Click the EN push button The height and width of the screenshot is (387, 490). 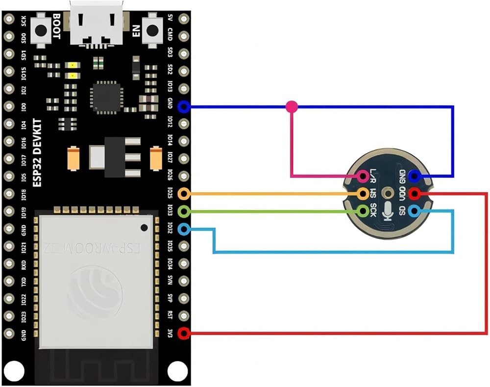pyautogui.click(x=153, y=30)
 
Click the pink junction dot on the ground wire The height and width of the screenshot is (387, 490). pyautogui.click(x=292, y=106)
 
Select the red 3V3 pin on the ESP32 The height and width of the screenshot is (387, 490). pyautogui.click(x=184, y=334)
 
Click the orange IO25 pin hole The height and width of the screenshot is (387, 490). pyautogui.click(x=184, y=194)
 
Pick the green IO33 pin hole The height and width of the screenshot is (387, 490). pyautogui.click(x=184, y=211)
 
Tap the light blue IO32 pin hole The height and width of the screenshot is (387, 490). pyautogui.click(x=184, y=229)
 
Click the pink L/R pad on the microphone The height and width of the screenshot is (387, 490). pyautogui.click(x=364, y=176)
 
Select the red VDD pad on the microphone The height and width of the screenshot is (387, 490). pyautogui.click(x=415, y=193)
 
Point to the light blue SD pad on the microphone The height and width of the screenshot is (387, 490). pyautogui.click(x=415, y=211)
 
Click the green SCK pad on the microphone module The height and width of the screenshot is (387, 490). pyautogui.click(x=364, y=211)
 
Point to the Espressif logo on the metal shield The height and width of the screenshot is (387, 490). pyautogui.click(x=96, y=289)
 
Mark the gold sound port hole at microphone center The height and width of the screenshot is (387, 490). pyautogui.click(x=389, y=193)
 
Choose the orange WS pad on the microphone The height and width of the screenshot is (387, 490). pyautogui.click(x=364, y=193)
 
